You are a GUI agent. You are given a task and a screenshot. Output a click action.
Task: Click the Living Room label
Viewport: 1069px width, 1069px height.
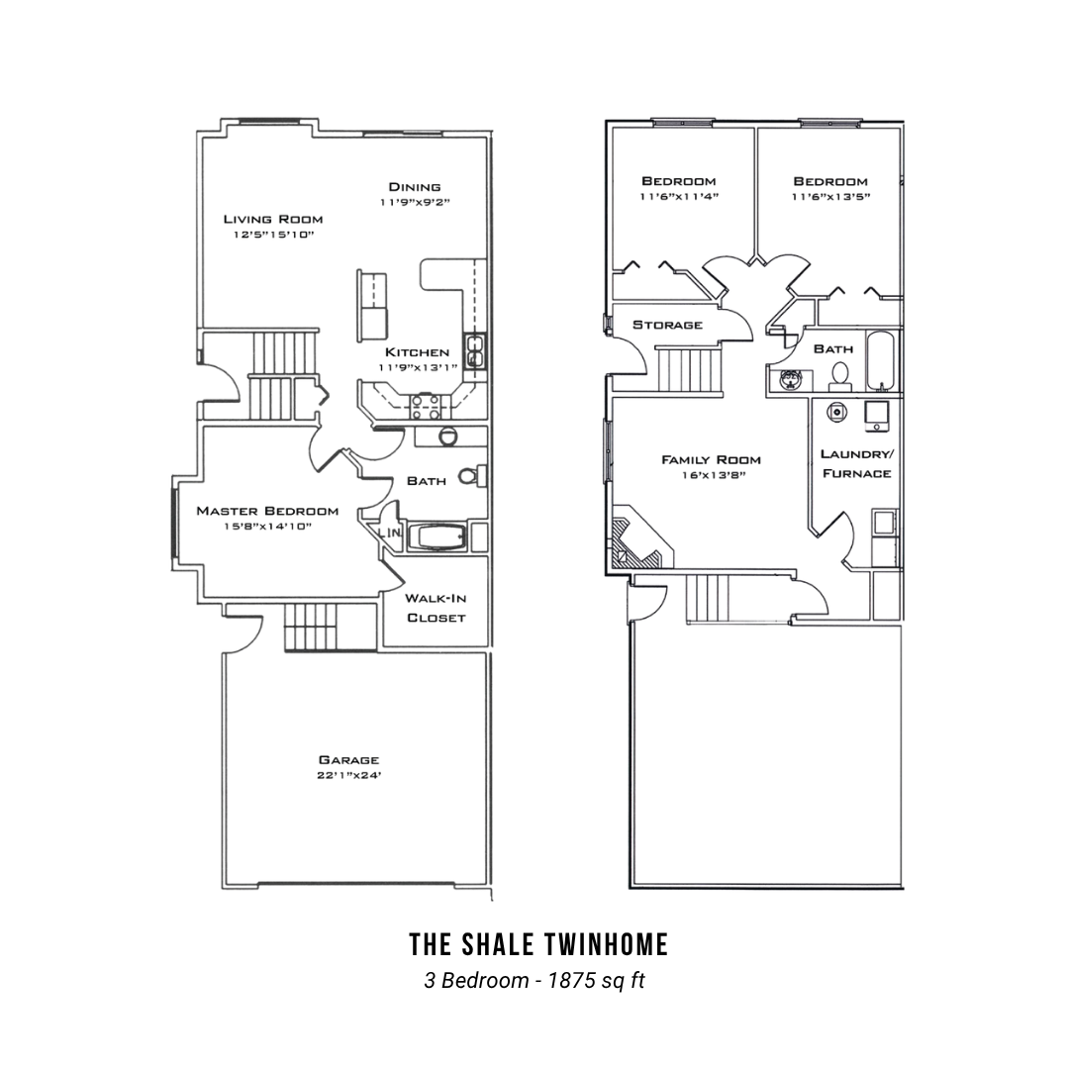[273, 219]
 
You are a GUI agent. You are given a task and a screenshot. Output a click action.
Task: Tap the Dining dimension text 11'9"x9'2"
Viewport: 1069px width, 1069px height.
[415, 203]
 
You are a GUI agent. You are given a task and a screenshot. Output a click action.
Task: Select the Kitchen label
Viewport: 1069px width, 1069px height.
[418, 352]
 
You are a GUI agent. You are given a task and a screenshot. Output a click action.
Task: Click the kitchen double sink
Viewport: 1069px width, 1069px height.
[474, 350]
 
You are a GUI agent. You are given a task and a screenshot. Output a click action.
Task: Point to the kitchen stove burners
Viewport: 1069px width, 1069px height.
[425, 407]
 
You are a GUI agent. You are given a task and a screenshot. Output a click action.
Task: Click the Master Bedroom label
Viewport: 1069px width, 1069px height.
[267, 511]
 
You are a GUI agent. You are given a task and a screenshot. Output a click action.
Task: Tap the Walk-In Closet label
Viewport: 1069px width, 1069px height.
[436, 608]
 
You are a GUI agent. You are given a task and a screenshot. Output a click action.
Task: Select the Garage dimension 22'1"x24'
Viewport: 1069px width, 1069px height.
[348, 775]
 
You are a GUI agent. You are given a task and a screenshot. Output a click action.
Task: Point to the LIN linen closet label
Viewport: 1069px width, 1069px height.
[389, 533]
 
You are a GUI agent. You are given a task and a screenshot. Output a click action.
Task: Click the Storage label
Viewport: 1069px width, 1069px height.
[667, 325]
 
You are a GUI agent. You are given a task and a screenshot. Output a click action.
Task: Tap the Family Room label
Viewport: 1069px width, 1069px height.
[711, 460]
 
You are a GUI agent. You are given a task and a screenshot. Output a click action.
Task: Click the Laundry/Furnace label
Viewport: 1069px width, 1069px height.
[857, 463]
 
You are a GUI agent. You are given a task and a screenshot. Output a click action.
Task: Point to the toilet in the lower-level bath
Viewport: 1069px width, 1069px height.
[840, 376]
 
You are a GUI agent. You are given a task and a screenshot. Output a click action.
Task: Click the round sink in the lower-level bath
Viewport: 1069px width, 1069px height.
[791, 378]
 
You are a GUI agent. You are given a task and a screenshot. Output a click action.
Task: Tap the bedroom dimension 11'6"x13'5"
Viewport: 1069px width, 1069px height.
[830, 197]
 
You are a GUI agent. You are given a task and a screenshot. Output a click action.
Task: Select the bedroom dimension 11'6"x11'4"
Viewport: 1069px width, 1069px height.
[679, 197]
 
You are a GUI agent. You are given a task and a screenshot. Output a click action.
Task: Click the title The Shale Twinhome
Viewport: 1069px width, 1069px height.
[538, 944]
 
